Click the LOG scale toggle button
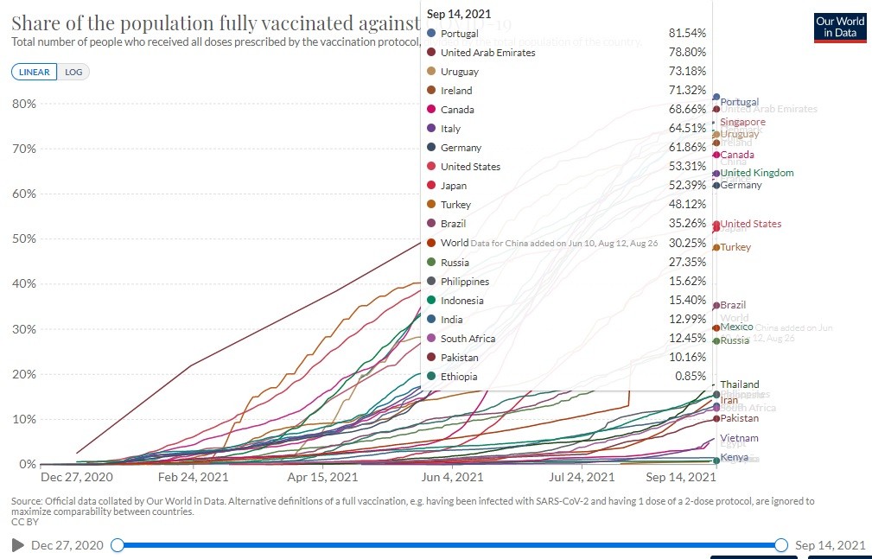(x=73, y=73)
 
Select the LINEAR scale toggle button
(x=35, y=73)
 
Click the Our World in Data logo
(x=839, y=27)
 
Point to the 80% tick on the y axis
(x=23, y=104)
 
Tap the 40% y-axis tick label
(x=23, y=284)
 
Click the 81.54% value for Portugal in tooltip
(x=687, y=33)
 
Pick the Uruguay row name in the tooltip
(x=459, y=72)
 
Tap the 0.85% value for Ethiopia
(x=691, y=377)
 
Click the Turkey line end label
(x=735, y=248)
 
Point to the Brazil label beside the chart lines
(x=733, y=305)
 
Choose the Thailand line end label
(x=740, y=384)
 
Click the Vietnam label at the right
(x=739, y=439)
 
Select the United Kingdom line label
(x=757, y=173)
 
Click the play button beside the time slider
(x=17, y=545)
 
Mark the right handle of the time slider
(x=781, y=544)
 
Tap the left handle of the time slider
(x=118, y=544)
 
